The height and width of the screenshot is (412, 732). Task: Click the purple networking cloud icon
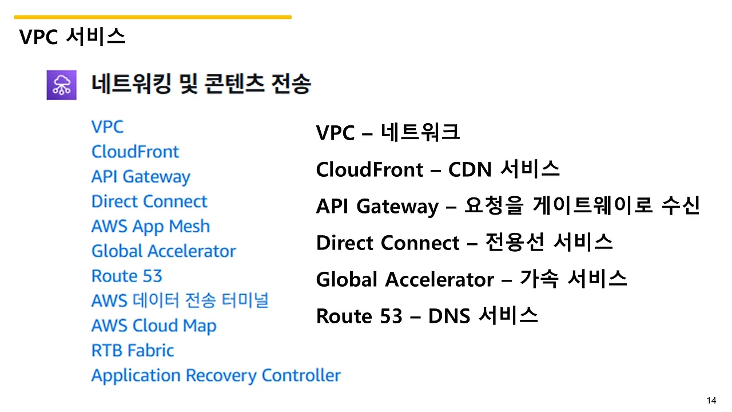[61, 85]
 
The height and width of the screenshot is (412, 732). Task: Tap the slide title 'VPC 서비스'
[72, 36]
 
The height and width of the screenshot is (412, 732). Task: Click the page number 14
[711, 401]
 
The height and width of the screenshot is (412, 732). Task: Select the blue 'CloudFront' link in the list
[136, 152]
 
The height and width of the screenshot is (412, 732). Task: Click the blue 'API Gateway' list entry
[141, 177]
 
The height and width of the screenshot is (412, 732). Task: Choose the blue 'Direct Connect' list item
[149, 201]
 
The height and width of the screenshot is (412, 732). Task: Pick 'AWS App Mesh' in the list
[150, 227]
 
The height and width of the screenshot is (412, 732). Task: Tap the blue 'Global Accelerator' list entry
[164, 251]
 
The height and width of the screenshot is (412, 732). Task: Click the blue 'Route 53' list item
[127, 276]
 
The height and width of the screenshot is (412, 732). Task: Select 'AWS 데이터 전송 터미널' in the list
[180, 300]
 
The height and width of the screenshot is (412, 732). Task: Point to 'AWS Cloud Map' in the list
[154, 326]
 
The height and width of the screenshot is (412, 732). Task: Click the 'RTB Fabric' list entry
[133, 351]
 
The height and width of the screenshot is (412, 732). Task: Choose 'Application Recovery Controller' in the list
[216, 376]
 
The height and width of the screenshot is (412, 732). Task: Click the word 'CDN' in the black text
[470, 170]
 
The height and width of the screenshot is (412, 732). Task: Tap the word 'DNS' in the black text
[449, 316]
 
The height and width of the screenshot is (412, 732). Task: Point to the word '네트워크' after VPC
[420, 132]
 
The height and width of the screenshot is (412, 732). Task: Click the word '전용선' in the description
[515, 242]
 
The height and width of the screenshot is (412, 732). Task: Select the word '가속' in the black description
[539, 279]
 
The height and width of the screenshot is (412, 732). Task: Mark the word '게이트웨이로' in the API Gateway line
[593, 205]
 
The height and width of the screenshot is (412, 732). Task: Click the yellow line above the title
[153, 17]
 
